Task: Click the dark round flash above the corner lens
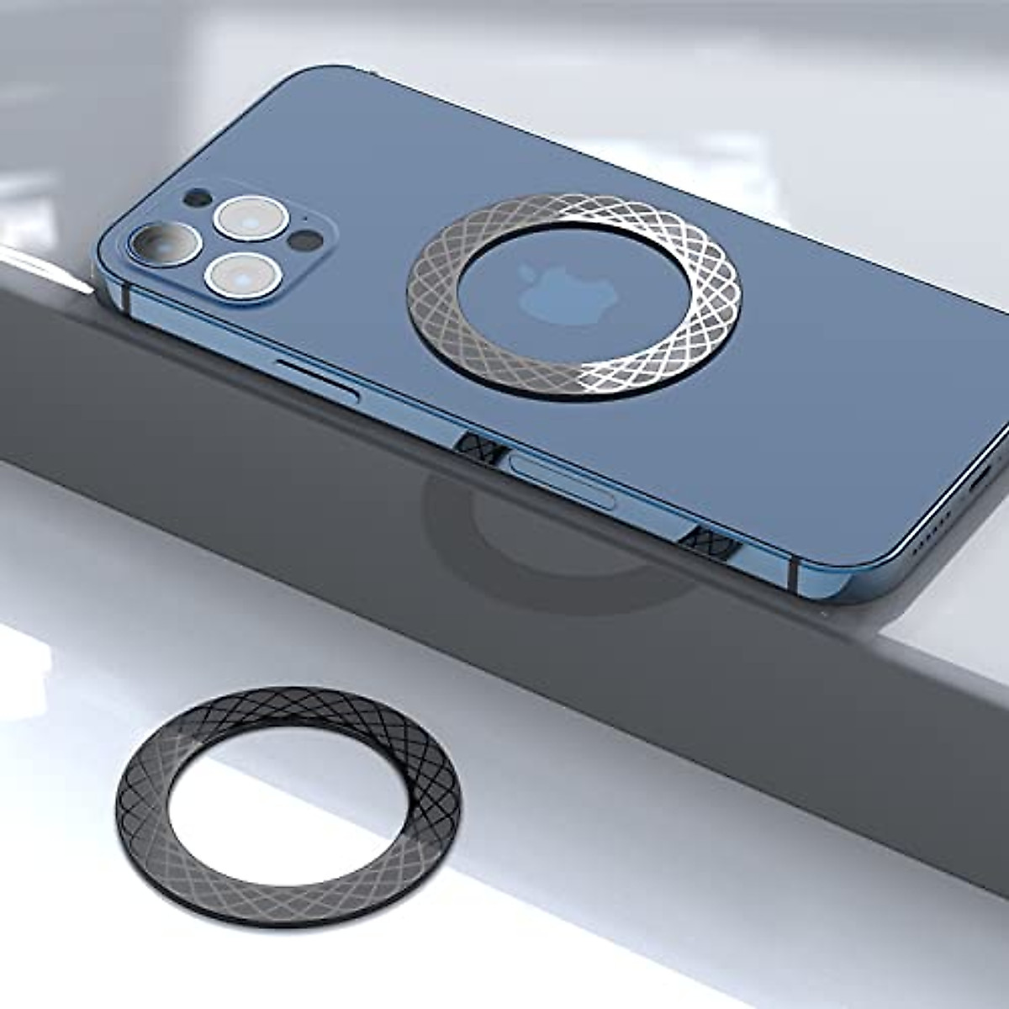(197, 199)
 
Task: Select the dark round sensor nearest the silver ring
(298, 242)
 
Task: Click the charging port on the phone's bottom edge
(980, 488)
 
